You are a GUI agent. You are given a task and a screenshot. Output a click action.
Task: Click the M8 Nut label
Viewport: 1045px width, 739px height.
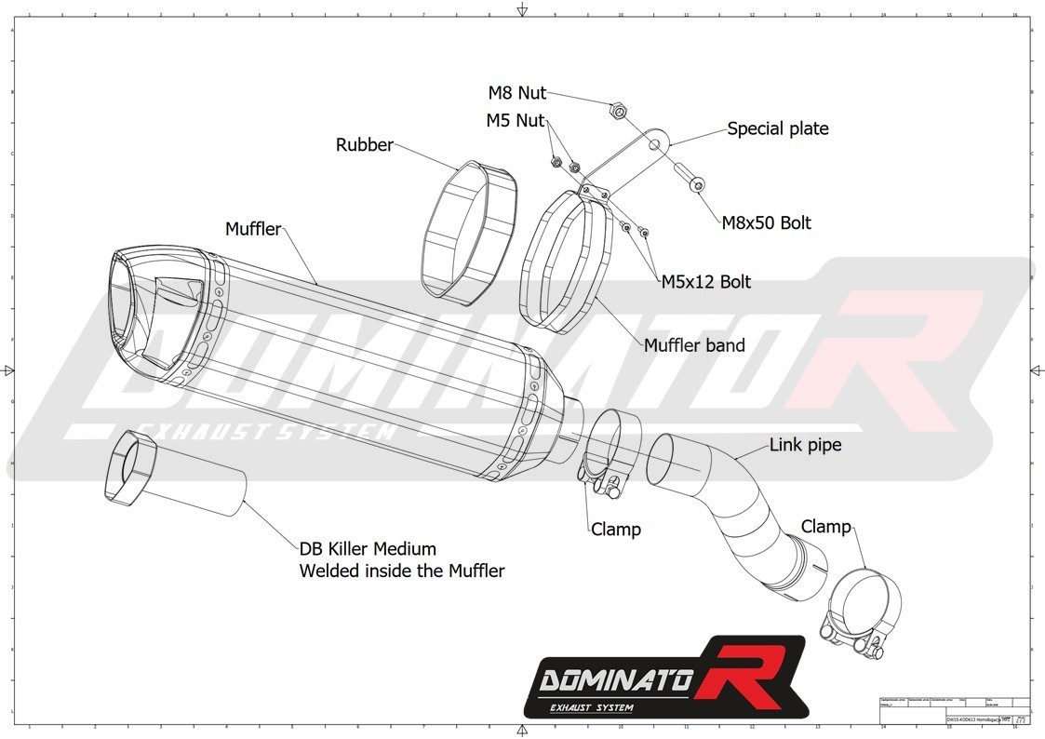click(x=517, y=93)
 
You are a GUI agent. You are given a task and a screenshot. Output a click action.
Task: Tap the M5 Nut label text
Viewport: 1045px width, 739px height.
click(x=515, y=120)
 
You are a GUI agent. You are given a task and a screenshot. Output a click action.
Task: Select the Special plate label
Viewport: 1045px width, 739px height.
click(x=777, y=128)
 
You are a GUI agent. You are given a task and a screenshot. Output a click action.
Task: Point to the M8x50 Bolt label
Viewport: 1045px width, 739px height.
click(x=766, y=223)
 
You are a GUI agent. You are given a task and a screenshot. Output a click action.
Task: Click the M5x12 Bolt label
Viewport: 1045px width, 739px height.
click(x=705, y=281)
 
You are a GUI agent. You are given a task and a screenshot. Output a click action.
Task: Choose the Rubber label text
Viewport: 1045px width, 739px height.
click(x=364, y=145)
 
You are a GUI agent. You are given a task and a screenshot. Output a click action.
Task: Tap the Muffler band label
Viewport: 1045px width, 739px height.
click(x=694, y=345)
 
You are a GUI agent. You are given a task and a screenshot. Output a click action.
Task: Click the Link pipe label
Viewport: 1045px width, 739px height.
click(x=805, y=445)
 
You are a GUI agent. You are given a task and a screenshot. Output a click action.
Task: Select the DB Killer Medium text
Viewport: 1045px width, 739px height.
click(x=368, y=549)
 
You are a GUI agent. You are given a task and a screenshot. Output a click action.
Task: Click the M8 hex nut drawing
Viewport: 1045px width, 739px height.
click(x=616, y=111)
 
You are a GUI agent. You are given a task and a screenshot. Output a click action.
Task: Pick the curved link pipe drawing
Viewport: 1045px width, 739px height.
click(x=735, y=504)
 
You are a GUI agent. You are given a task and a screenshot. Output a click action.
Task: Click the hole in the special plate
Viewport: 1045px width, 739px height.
click(x=658, y=143)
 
